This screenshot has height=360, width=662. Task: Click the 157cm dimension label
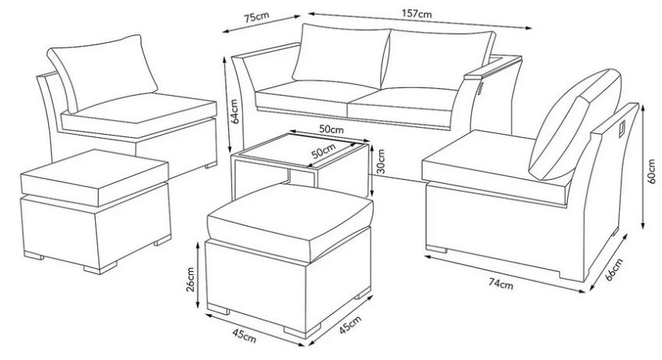click(417, 13)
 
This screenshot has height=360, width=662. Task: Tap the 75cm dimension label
click(256, 17)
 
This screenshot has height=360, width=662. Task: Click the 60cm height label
click(651, 171)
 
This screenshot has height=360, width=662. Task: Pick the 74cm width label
click(501, 284)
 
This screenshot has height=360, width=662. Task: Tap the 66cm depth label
click(614, 269)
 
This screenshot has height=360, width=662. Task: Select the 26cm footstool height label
click(190, 279)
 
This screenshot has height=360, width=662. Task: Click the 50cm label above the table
click(331, 129)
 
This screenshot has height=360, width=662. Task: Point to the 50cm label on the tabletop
click(323, 152)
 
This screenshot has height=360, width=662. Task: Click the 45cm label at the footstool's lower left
click(244, 336)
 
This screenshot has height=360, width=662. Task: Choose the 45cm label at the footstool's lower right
click(350, 324)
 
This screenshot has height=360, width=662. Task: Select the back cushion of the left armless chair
click(103, 72)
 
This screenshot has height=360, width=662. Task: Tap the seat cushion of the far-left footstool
click(94, 178)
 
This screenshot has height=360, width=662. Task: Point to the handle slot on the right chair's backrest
click(622, 129)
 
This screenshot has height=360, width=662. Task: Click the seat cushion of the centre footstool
click(291, 222)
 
